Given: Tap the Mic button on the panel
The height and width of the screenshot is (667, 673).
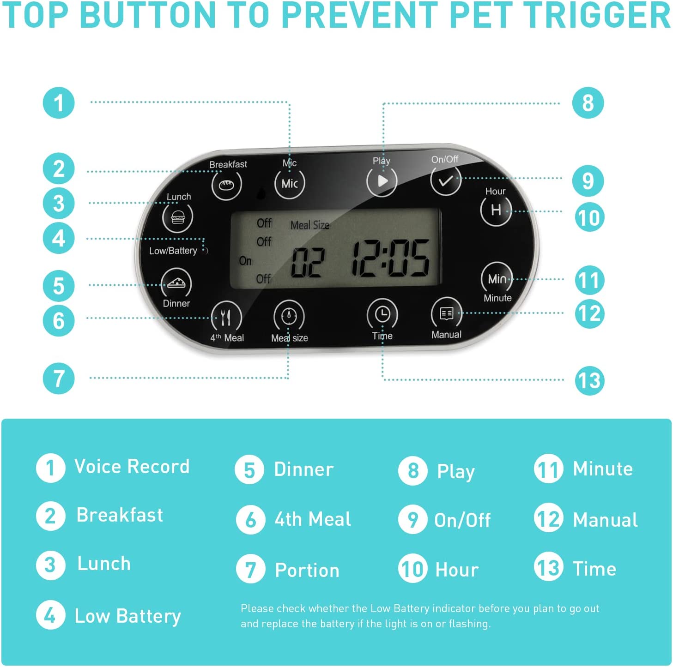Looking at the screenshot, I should (x=290, y=183).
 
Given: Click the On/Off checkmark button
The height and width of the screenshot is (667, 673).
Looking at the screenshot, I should (x=445, y=180).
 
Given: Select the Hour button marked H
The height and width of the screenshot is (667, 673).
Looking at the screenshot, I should (x=496, y=210).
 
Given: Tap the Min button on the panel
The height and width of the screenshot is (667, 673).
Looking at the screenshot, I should (x=497, y=278).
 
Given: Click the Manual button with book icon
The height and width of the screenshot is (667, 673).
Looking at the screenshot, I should (x=446, y=314).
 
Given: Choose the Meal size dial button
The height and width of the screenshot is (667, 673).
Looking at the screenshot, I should (x=289, y=316).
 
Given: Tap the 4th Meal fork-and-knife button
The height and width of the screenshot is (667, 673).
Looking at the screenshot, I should (x=226, y=317).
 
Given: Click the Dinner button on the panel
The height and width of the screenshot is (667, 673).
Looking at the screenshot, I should (x=176, y=283).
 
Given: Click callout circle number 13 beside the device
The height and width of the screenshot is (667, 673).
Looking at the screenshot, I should (x=589, y=380).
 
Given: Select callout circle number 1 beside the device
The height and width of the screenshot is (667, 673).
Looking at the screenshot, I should (x=59, y=102).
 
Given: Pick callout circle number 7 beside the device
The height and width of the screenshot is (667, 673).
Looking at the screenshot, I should (x=59, y=378).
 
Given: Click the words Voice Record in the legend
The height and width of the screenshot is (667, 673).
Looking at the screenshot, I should (x=132, y=467).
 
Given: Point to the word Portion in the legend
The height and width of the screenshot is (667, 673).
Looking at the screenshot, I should (x=307, y=571).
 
